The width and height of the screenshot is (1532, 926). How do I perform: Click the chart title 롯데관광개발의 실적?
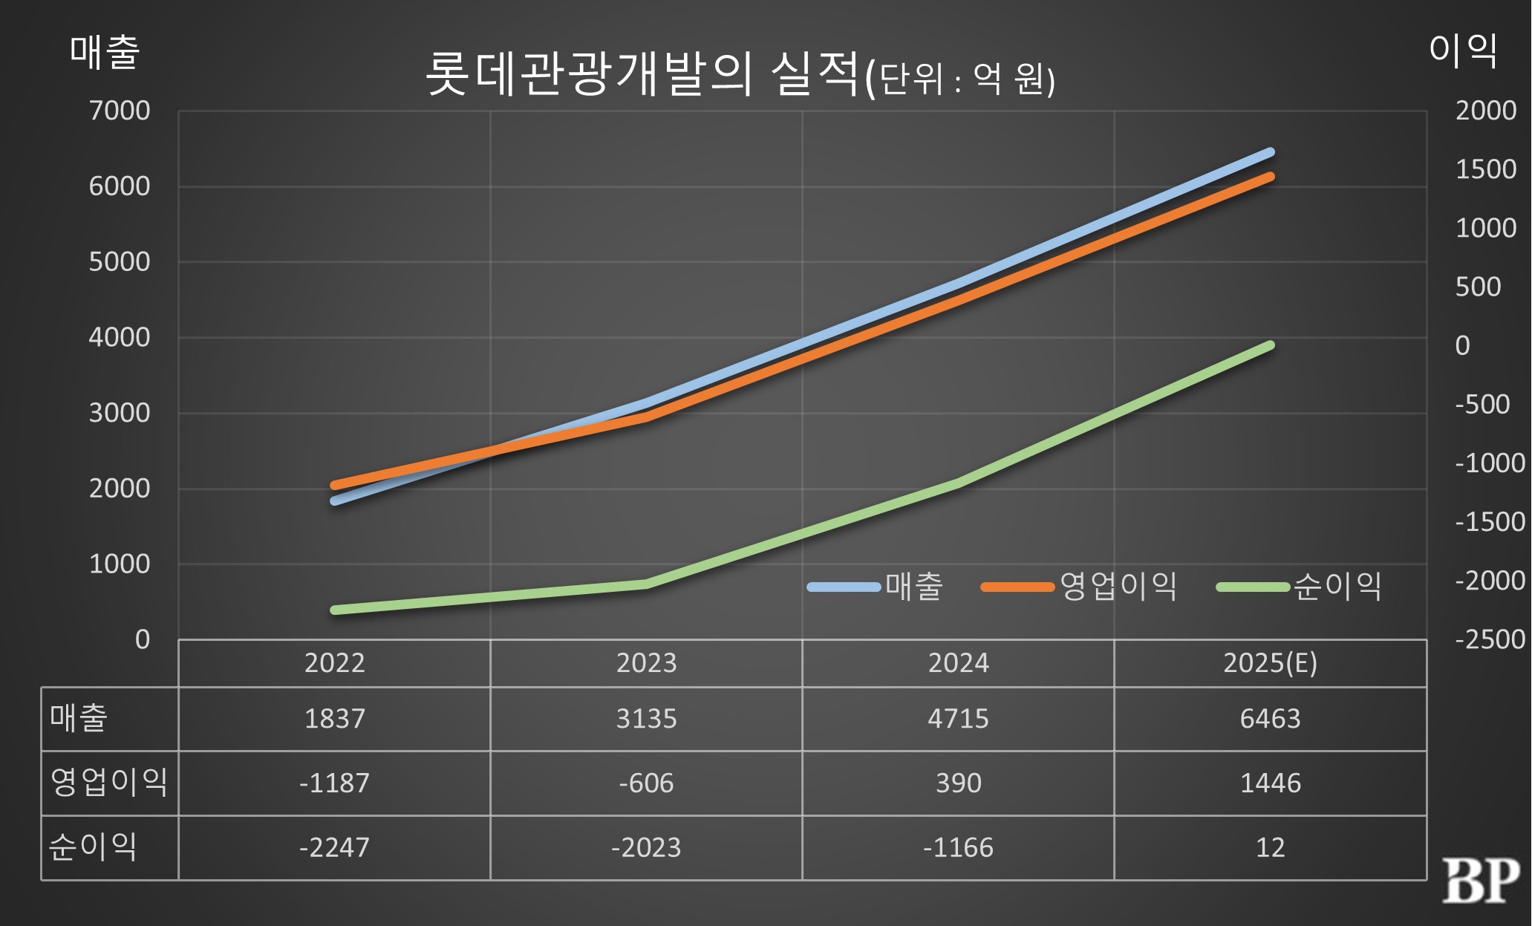[x=642, y=74]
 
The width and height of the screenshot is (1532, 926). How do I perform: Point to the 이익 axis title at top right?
[x=1463, y=50]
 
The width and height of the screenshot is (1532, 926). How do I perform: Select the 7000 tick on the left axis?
[x=120, y=111]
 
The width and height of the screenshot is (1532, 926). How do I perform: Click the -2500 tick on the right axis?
[x=1489, y=639]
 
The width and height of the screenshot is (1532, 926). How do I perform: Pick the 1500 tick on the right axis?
[x=1485, y=169]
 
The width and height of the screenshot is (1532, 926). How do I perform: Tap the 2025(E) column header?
[x=1270, y=663]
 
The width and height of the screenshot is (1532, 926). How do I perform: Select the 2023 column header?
[x=646, y=663]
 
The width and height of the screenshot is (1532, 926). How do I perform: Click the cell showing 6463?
[x=1270, y=719]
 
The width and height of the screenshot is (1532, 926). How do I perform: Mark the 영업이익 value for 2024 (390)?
[x=958, y=783]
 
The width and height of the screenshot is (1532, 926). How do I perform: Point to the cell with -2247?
[x=334, y=847]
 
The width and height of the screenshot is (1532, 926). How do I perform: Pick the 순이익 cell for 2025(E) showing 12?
[x=1270, y=847]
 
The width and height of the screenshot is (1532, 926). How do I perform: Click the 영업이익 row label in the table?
[x=109, y=783]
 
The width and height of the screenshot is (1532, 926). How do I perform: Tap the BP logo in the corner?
[x=1480, y=881]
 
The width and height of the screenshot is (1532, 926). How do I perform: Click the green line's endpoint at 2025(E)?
[x=1271, y=345]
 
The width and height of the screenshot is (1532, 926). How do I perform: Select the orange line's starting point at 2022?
[x=334, y=486]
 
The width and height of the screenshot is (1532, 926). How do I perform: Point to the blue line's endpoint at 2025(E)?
[x=1271, y=152]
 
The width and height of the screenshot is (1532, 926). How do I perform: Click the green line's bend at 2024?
[x=958, y=483]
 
